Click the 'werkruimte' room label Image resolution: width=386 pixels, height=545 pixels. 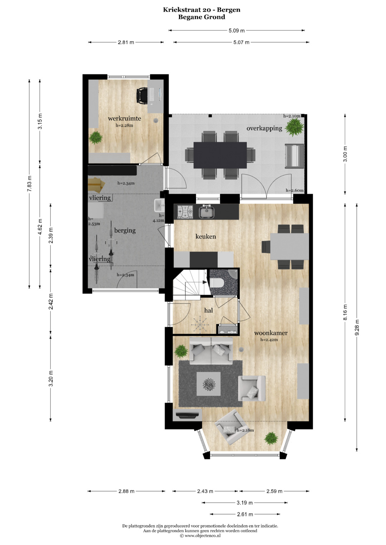(124, 118)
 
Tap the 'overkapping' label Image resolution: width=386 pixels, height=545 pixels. (264, 128)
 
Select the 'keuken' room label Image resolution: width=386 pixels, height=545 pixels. (206, 236)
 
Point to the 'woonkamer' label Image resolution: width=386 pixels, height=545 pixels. (271, 333)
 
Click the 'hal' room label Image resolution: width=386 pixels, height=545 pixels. (208, 310)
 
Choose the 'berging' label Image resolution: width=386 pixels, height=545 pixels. (125, 231)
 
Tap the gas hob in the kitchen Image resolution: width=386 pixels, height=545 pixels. (185, 212)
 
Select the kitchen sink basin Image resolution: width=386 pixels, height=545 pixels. (206, 212)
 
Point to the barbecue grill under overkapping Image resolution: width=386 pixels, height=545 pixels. (295, 156)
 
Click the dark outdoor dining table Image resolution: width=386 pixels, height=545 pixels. (220, 155)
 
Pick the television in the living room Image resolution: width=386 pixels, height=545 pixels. (187, 415)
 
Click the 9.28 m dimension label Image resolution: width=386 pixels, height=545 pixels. (357, 328)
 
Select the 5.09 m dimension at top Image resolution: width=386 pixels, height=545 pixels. (236, 31)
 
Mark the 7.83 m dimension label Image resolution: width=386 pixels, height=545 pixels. (29, 184)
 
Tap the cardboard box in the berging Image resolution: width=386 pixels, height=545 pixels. (96, 185)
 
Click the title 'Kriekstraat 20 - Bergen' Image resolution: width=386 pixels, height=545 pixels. (202, 10)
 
